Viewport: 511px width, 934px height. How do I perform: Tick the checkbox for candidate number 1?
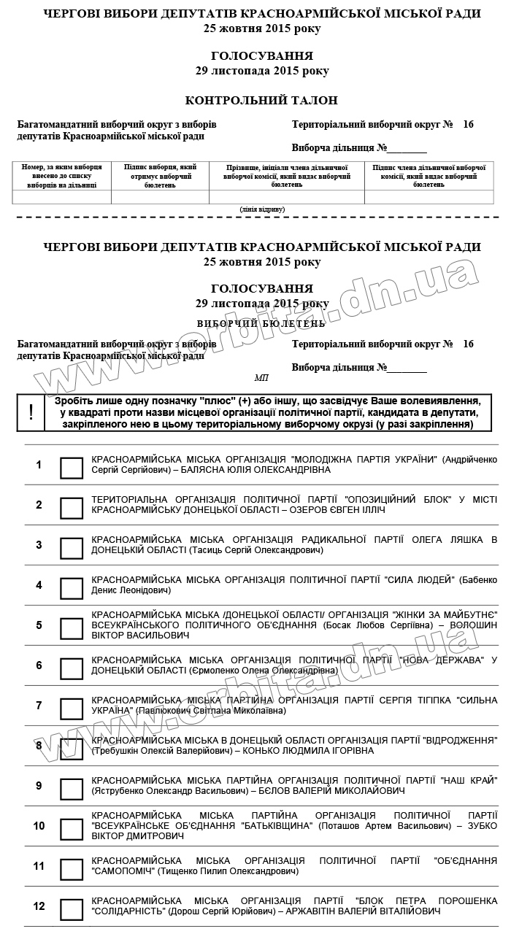[x=72, y=468]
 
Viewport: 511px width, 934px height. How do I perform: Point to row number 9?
[x=39, y=786]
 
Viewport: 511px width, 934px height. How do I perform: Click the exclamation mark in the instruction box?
[x=31, y=412]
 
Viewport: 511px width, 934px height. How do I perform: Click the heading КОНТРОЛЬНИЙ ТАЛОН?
[x=261, y=101]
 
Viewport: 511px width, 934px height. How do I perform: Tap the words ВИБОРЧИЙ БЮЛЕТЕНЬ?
[x=261, y=323]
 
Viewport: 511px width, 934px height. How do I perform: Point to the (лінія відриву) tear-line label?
[x=262, y=209]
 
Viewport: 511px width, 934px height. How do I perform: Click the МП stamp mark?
[x=261, y=377]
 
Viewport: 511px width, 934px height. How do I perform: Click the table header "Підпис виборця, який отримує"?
[x=160, y=176]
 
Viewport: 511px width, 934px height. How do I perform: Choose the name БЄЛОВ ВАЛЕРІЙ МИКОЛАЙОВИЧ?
[x=328, y=790]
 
